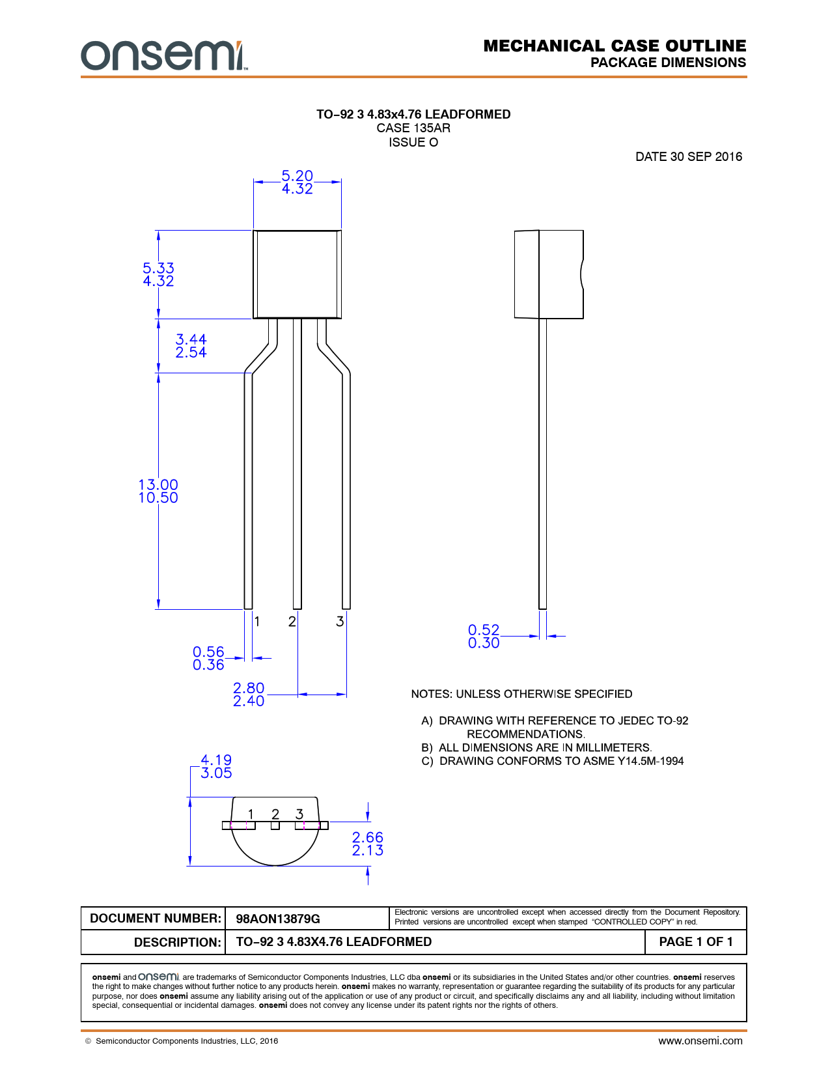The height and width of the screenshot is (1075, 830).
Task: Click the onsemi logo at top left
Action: click(x=163, y=56)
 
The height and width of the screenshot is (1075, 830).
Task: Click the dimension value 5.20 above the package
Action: click(x=297, y=177)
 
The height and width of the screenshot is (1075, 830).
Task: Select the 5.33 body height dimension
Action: click(x=158, y=268)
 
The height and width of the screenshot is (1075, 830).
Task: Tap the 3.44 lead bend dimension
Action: click(x=191, y=339)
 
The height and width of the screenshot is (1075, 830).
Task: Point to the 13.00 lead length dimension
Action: click(x=158, y=485)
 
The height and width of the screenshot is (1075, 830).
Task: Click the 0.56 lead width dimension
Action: click(x=208, y=652)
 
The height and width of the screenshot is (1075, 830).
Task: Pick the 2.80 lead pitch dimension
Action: click(x=249, y=689)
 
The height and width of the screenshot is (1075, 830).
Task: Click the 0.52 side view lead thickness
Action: click(x=484, y=630)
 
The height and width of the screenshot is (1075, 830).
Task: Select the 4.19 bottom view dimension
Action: click(x=216, y=760)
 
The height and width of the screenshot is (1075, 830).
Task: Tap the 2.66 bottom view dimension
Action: click(x=368, y=837)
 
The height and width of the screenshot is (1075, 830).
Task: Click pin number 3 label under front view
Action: click(x=340, y=622)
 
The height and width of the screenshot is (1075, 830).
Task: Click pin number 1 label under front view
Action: click(x=257, y=622)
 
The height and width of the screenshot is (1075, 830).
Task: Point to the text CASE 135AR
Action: click(x=413, y=128)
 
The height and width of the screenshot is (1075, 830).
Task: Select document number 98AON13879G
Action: click(x=278, y=919)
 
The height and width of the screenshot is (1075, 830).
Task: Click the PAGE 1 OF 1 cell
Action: click(x=695, y=941)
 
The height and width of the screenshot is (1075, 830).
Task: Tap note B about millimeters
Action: click(x=537, y=747)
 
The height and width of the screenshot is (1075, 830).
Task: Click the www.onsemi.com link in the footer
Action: click(x=700, y=1040)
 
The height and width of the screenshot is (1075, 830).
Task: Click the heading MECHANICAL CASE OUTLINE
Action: click(x=615, y=46)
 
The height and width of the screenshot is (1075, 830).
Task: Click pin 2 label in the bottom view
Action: click(x=275, y=814)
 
